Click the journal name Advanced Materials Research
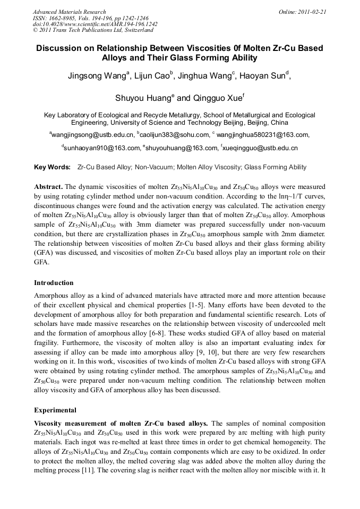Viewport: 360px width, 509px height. tap(69, 12)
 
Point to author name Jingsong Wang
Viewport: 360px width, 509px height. tap(96, 76)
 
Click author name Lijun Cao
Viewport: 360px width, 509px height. tap(152, 76)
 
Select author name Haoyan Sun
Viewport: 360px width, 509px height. tap(263, 76)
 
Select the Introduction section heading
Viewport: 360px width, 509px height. tap(54, 283)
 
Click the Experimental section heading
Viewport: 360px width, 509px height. tap(55, 410)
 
